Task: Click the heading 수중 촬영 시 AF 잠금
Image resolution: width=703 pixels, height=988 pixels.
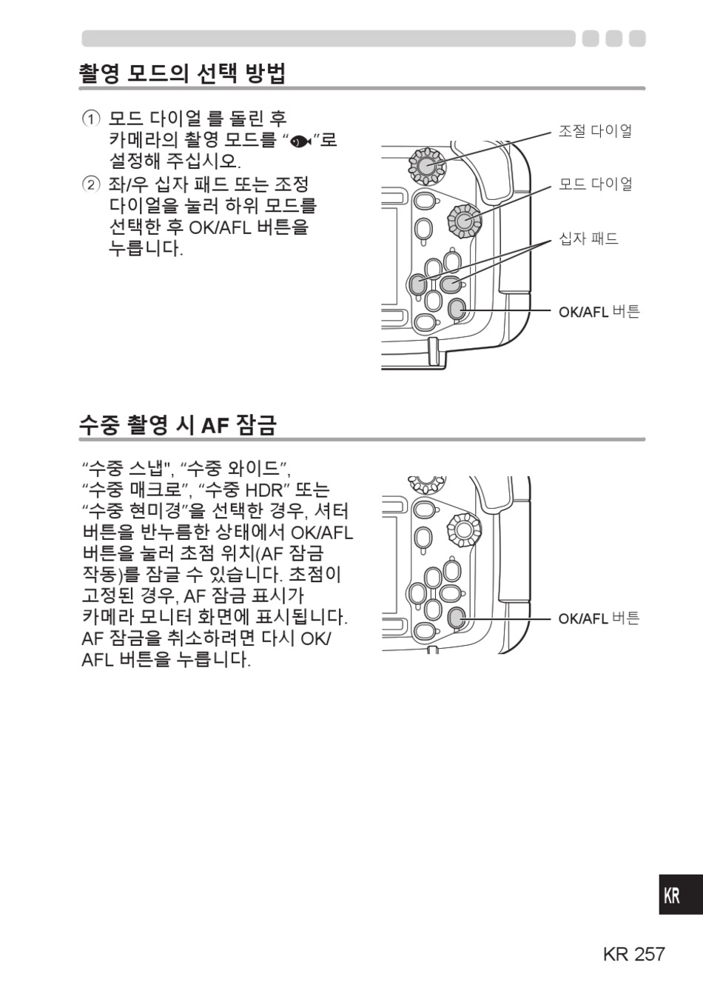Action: [178, 425]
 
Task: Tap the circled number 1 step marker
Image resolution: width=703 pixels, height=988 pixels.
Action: [91, 119]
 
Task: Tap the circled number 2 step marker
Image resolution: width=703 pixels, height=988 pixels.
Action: [91, 184]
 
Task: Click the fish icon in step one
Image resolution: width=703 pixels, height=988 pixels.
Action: [300, 141]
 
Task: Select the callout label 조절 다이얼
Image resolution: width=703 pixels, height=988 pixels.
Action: [596, 131]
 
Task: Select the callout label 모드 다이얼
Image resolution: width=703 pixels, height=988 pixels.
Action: [596, 184]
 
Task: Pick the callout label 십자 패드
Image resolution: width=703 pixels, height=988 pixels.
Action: [588, 238]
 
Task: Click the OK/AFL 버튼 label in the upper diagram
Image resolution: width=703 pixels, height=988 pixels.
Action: [599, 312]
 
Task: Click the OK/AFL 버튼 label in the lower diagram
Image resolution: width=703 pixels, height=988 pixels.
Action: [599, 619]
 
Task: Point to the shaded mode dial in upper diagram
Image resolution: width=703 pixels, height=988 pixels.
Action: [464, 221]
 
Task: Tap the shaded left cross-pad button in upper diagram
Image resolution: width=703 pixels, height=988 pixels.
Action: [418, 284]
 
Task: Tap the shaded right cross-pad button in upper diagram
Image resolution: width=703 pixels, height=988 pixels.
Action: [451, 284]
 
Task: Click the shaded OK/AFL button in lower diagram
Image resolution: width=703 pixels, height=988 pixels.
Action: [456, 617]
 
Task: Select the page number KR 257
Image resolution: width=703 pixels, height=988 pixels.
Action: [633, 954]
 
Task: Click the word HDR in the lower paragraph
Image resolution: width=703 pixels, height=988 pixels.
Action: [263, 490]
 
